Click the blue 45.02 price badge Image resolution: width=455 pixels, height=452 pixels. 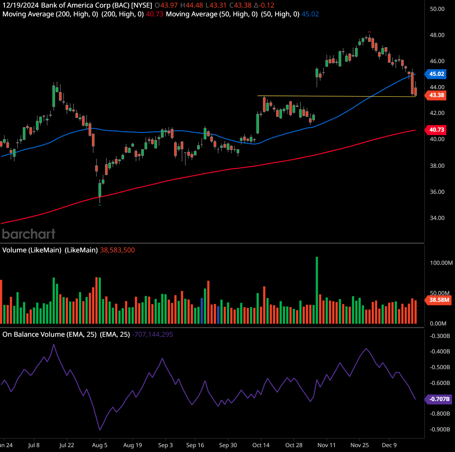[436, 74]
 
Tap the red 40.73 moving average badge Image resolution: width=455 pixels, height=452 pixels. [436, 130]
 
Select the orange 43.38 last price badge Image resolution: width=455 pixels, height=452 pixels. [436, 95]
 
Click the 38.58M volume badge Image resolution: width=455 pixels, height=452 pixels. [439, 300]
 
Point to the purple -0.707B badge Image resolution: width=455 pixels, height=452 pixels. [439, 399]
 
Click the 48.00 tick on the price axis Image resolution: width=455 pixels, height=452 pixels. [437, 35]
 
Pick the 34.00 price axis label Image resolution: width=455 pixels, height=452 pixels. [437, 218]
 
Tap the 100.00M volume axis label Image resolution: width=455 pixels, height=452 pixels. [441, 263]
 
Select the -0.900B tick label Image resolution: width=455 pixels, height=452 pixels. [440, 429]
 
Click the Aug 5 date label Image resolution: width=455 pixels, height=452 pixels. [100, 445]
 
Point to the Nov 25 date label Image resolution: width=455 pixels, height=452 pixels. [360, 445]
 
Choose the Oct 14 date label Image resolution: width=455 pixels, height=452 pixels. [261, 445]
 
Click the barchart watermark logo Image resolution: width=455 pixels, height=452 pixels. [29, 234]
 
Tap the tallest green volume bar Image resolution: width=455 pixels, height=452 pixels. [317, 290]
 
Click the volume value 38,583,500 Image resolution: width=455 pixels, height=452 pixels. [117, 250]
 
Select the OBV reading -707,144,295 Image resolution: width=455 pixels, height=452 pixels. [152, 334]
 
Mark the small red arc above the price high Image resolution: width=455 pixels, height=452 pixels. [369, 32]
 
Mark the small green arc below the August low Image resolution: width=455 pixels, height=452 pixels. [100, 205]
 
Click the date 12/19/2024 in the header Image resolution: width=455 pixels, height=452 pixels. [20, 5]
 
